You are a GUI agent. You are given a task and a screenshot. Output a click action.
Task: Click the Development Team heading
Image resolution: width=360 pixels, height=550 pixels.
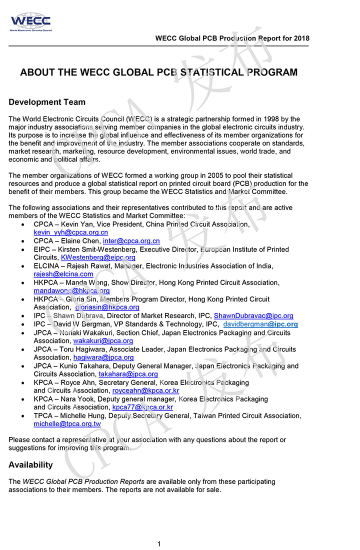47,102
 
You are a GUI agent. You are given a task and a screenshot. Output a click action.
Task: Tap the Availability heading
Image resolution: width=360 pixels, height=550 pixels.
30,464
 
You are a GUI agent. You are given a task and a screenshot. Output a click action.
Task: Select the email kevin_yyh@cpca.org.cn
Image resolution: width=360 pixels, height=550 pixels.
70,232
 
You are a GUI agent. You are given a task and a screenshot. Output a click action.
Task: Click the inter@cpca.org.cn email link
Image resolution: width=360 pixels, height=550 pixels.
135,241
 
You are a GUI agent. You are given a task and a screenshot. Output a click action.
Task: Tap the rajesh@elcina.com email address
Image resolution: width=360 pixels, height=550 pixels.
63,274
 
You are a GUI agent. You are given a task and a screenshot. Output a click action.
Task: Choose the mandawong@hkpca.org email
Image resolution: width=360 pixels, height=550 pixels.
71,290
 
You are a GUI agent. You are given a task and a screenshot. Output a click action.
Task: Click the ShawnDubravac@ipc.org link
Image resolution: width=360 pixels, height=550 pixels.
253,316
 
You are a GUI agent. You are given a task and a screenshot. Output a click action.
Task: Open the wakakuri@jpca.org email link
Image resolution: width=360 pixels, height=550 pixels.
103,341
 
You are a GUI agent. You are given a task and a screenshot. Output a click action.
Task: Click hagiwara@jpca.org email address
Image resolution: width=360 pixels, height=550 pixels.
103,357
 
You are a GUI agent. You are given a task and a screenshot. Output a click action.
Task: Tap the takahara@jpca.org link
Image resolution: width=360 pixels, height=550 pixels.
128,374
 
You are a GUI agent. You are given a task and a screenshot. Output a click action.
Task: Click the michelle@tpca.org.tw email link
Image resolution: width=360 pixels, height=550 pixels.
67,424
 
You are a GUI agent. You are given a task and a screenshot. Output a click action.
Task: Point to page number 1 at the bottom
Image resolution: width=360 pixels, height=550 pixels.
159,544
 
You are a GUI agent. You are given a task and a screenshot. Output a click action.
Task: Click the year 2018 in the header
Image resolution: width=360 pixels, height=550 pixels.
301,38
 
